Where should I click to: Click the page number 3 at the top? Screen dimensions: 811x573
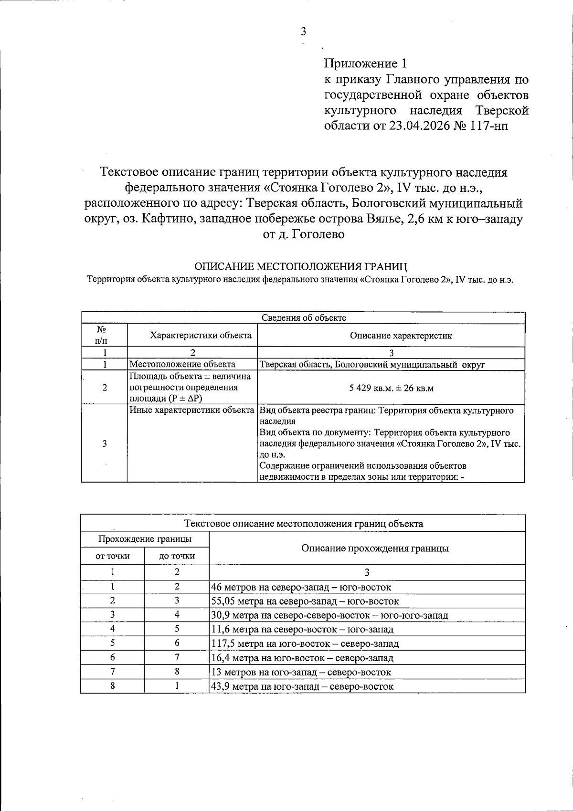coord(303,32)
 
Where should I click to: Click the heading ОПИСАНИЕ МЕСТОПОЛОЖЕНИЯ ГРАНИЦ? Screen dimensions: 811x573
coord(301,266)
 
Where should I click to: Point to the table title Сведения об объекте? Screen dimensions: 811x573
coord(304,318)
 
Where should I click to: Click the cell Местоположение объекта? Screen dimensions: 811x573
coord(182,364)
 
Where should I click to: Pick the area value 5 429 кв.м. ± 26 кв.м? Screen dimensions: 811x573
coord(391,388)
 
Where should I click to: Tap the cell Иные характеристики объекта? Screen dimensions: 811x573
coord(191,410)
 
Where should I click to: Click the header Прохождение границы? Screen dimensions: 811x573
coord(145,539)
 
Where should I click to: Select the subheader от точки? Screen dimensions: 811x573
coord(113,556)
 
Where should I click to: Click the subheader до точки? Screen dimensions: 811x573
coord(177,556)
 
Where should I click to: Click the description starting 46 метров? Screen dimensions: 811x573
coord(301,587)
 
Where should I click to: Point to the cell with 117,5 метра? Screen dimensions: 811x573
coord(305,643)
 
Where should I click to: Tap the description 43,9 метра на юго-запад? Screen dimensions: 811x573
coord(302,686)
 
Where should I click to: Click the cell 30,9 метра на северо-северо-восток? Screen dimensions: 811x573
coord(329,615)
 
